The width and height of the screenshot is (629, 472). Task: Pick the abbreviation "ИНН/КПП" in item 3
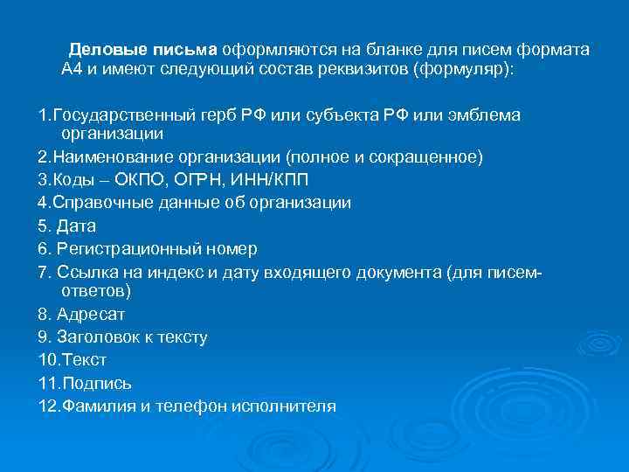[x=276, y=180]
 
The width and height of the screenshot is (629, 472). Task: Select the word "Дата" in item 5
[x=77, y=226]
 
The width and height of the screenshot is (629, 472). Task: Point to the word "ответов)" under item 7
[x=95, y=290]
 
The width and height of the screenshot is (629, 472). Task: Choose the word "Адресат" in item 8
[x=91, y=313]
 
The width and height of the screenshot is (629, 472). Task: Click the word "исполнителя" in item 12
[x=293, y=406]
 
